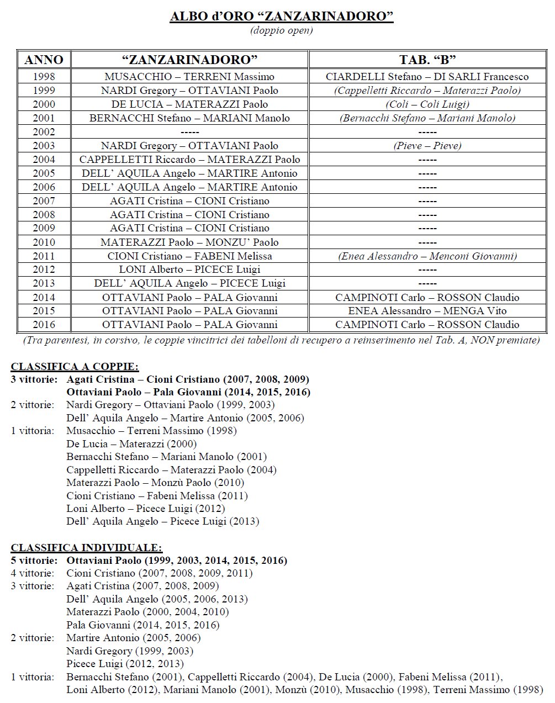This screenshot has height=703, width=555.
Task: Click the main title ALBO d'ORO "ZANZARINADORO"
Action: click(282, 16)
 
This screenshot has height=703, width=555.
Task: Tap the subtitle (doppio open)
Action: click(282, 30)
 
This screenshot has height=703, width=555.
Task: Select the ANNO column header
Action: click(44, 60)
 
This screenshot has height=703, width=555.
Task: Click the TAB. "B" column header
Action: click(427, 60)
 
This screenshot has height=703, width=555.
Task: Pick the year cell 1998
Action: click(44, 77)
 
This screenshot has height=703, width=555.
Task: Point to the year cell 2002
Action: click(44, 132)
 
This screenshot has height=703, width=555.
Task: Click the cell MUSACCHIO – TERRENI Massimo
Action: click(189, 77)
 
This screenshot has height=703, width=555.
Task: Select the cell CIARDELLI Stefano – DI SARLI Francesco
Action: click(427, 77)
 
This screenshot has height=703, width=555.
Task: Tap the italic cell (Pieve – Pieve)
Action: click(427, 146)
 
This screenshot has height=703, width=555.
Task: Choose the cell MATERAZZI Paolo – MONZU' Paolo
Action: click(189, 242)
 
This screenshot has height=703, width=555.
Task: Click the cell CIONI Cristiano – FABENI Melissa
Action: click(189, 256)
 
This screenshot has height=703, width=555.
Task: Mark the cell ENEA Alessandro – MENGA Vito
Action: click(427, 311)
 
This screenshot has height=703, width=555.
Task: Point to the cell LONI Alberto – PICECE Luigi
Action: click(189, 269)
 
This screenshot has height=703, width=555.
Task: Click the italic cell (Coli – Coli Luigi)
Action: click(427, 104)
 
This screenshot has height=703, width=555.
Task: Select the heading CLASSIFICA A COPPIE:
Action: click(75, 367)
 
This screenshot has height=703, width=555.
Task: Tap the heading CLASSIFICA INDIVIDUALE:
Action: click(87, 548)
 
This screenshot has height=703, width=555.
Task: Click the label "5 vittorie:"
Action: click(34, 561)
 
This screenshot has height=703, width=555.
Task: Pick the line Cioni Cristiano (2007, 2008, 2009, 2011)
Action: click(159, 573)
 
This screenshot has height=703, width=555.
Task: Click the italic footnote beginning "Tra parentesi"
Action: click(281, 340)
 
